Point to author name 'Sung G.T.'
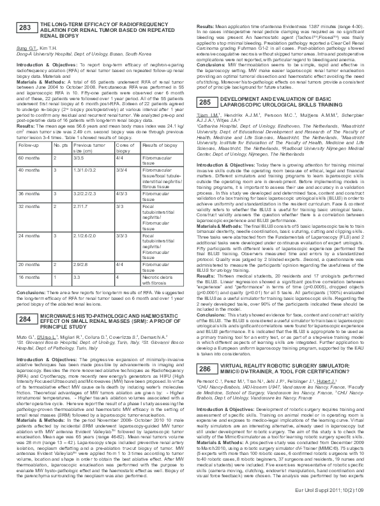click(x=26, y=47)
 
